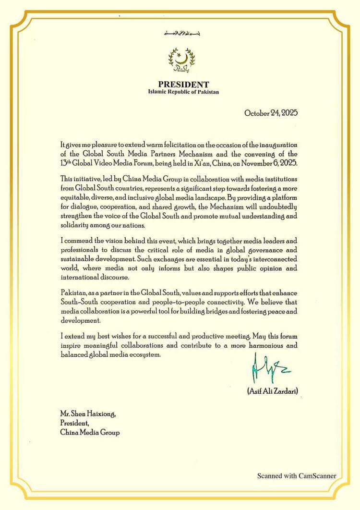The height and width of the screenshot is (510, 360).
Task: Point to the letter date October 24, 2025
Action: point(271,113)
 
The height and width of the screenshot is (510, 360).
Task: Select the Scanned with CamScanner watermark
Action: point(296,476)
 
